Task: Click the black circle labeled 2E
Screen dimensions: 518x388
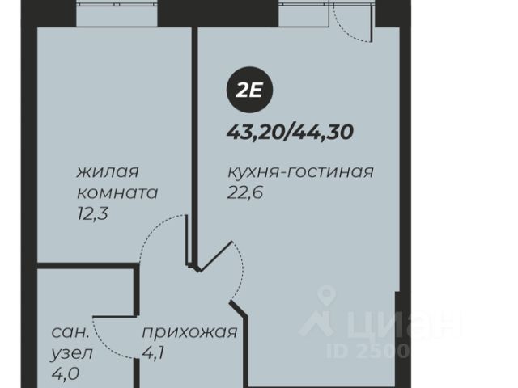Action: [x=249, y=90]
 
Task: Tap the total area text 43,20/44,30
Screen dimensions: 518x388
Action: [x=290, y=133]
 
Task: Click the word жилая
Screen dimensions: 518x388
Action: [x=108, y=172]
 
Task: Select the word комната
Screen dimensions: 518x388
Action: [x=117, y=193]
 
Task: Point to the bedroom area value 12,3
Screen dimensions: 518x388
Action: [x=92, y=215]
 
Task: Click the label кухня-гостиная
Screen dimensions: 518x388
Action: [x=300, y=172]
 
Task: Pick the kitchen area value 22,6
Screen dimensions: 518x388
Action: [x=245, y=192]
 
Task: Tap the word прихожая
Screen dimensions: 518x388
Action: [x=189, y=332]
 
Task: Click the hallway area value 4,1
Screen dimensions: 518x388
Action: [x=153, y=353]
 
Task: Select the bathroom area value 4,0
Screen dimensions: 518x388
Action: [x=65, y=373]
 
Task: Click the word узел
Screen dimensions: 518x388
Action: [x=72, y=354]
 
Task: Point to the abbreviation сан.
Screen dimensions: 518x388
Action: [x=70, y=332]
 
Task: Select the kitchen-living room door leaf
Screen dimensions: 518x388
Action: [x=215, y=257]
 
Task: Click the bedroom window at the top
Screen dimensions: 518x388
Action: [x=117, y=15]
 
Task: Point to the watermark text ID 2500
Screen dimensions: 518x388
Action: [x=367, y=351]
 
